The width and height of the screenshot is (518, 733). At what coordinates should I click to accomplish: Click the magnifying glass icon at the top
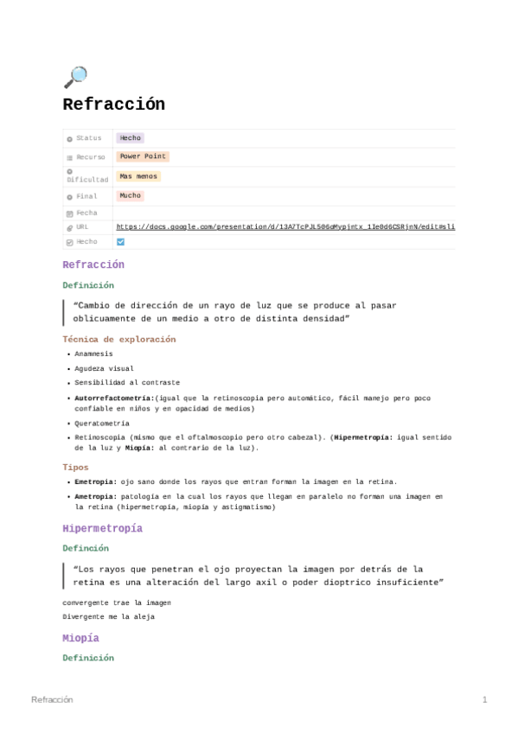tap(75, 77)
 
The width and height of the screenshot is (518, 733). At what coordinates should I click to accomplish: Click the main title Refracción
tap(113, 105)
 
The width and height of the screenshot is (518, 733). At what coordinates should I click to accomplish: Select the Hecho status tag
tap(131, 138)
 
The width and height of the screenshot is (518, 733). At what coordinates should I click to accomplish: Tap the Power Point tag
tap(143, 157)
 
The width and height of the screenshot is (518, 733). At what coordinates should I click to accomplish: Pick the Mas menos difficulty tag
tap(138, 176)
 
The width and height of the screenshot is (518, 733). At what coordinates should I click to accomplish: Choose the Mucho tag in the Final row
tap(131, 196)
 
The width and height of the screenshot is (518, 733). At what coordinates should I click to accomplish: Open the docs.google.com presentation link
tap(285, 226)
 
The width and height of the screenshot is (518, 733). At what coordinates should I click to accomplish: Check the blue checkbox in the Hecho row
tap(120, 242)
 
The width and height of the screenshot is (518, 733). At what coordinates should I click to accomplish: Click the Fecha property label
tap(86, 213)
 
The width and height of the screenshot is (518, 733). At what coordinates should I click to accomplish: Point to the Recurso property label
tap(90, 157)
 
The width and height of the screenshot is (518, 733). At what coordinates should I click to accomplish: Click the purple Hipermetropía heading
tap(102, 528)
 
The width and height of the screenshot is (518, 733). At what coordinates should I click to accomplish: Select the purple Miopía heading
tap(80, 638)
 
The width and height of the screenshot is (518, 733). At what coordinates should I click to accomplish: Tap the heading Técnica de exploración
tap(118, 339)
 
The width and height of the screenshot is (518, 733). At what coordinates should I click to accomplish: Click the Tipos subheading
tap(76, 467)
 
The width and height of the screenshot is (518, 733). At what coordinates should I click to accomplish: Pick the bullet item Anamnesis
tap(93, 354)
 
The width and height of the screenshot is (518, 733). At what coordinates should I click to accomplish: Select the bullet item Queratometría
tap(102, 424)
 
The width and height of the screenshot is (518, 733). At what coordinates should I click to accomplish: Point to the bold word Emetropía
tap(93, 481)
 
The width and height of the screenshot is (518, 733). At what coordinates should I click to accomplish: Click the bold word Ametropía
tap(93, 497)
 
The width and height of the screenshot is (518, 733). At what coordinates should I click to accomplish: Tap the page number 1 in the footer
tap(485, 699)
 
